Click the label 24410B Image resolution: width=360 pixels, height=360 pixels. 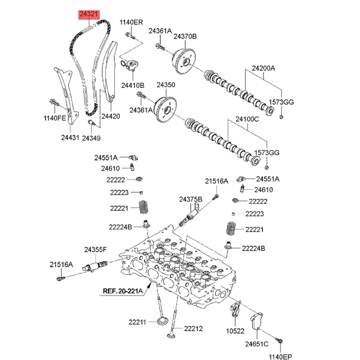[132, 85]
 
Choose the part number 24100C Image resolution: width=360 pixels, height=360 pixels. [247, 120]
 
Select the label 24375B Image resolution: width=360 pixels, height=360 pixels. [191, 199]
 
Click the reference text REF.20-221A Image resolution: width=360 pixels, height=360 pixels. [121, 291]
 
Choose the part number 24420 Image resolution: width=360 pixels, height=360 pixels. [110, 116]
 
